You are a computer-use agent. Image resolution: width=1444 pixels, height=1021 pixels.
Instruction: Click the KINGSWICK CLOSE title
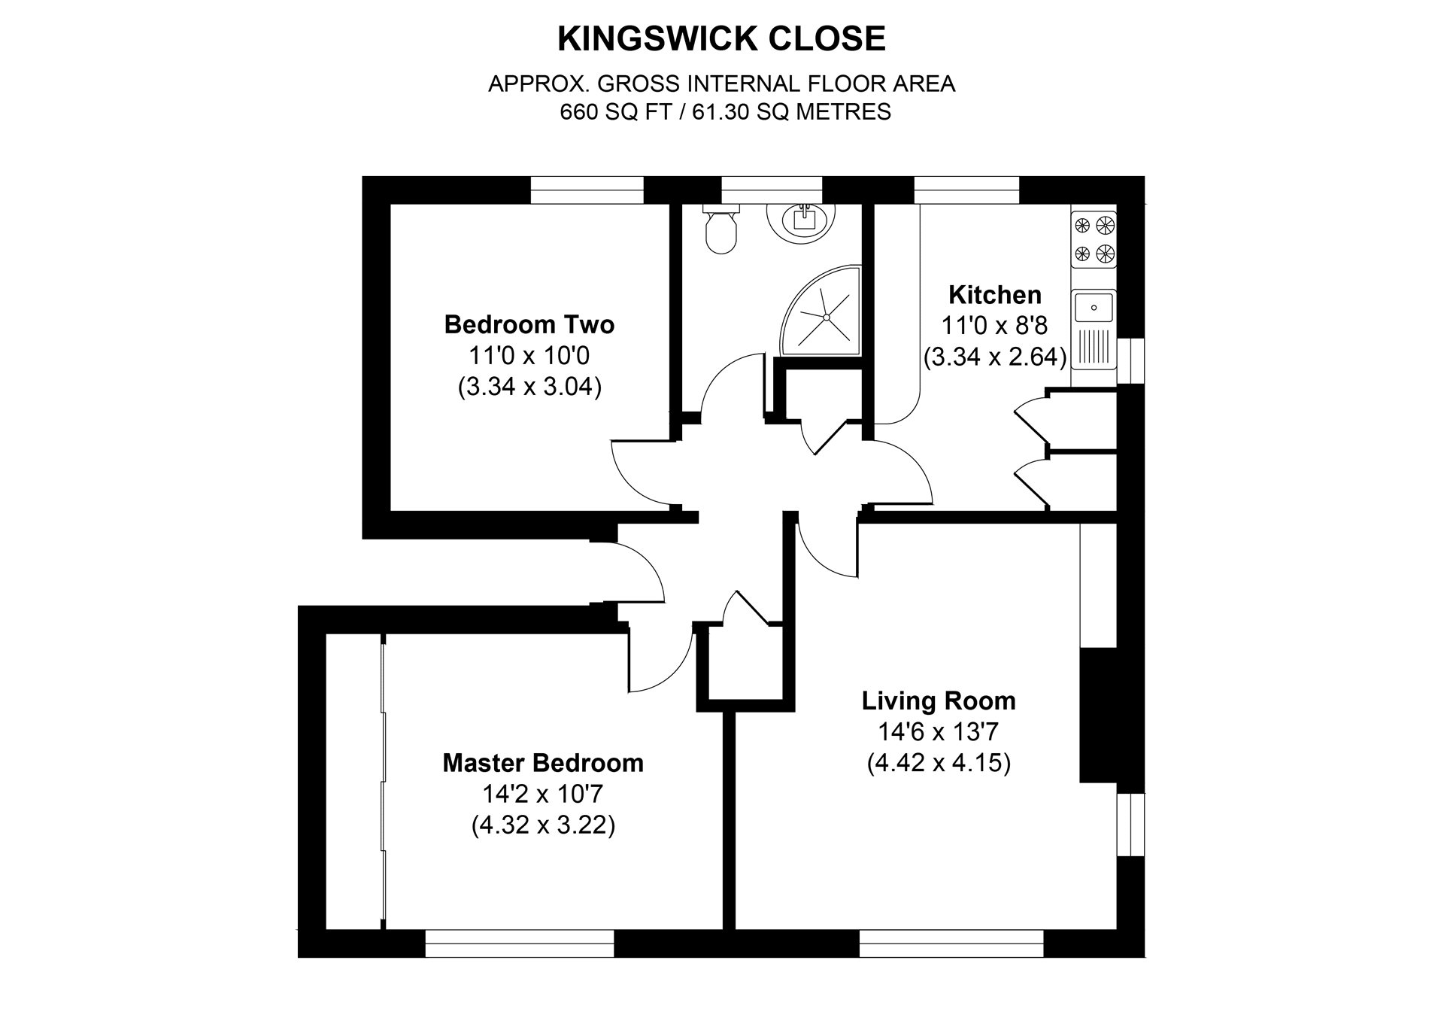(721, 39)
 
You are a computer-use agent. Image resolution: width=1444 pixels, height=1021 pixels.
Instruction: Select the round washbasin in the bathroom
(802, 219)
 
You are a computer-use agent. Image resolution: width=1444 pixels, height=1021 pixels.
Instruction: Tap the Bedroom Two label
(529, 324)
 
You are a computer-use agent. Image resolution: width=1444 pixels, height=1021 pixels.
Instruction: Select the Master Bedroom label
(543, 763)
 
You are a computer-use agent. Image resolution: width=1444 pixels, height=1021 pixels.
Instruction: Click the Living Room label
(939, 701)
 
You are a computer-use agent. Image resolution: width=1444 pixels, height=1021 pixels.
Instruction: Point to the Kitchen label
(995, 294)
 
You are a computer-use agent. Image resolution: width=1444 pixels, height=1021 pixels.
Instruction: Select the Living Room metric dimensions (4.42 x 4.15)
(939, 764)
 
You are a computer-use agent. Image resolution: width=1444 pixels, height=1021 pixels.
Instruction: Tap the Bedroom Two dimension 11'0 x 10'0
(529, 355)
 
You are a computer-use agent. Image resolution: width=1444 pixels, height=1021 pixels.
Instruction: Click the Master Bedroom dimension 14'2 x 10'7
(543, 794)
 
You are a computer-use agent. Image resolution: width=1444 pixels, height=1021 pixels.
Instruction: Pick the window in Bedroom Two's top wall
(587, 190)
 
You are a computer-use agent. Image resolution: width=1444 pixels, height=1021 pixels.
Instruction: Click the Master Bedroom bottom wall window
(520, 944)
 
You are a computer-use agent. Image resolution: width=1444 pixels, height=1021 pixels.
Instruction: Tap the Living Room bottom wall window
(951, 944)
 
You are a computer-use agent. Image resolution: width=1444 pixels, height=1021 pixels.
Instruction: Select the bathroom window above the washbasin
(772, 190)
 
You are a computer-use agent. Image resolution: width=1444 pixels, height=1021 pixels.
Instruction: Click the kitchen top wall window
(966, 190)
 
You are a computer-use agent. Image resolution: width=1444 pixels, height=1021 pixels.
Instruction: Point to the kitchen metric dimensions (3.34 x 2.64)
(995, 357)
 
